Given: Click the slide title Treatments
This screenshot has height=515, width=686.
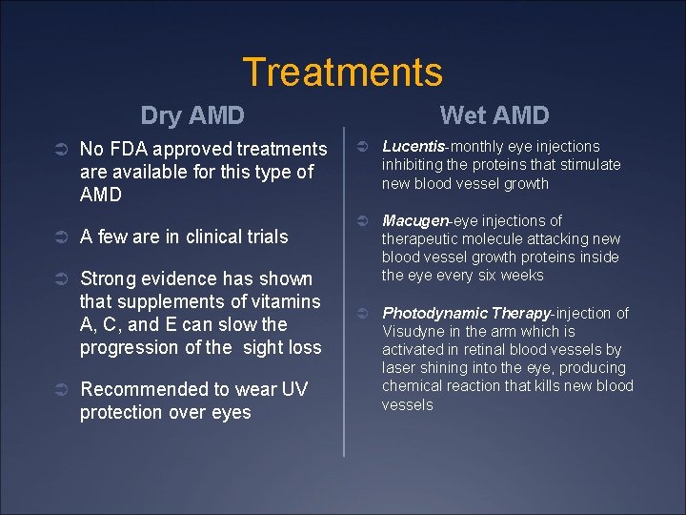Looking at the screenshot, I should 342,72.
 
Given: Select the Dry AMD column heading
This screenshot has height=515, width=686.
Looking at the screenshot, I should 192,116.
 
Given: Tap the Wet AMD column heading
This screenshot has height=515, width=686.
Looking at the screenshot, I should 494,116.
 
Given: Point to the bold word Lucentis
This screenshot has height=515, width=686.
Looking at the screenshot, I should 414,147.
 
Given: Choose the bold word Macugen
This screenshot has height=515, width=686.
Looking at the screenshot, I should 416,221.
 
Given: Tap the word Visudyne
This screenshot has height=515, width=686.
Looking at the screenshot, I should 412,332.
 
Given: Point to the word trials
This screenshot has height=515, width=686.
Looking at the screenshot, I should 264,237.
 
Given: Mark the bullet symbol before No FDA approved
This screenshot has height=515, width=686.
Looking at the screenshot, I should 58,150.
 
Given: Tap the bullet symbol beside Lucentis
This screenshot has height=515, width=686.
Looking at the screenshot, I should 362,148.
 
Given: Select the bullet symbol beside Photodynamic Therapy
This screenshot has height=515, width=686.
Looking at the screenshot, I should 362,314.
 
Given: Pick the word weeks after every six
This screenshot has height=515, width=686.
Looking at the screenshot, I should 524,276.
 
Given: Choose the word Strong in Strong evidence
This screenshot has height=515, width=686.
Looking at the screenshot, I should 107,278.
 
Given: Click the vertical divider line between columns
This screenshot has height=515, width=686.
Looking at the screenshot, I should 344,286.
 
